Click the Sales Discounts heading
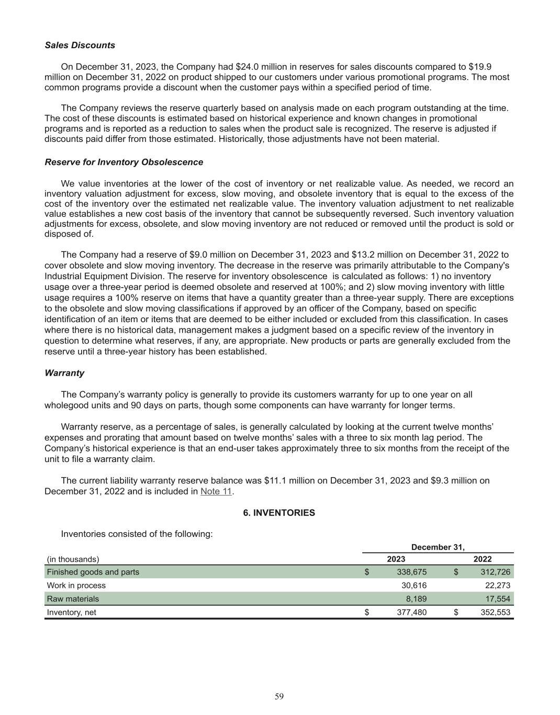tap(80, 45)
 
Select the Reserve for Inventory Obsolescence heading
tap(124, 162)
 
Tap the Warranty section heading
tap(64, 373)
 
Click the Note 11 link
tap(216, 491)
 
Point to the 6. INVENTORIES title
tap(279, 513)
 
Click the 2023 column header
tap(396, 559)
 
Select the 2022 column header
tap(482, 559)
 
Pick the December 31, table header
tap(438, 547)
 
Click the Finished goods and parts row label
tap(93, 572)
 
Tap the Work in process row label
tap(76, 586)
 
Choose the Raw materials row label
tap(73, 599)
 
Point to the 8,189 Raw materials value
tap(416, 599)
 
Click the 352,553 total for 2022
tap(496, 612)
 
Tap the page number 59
tap(279, 696)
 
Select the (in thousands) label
tap(73, 559)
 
